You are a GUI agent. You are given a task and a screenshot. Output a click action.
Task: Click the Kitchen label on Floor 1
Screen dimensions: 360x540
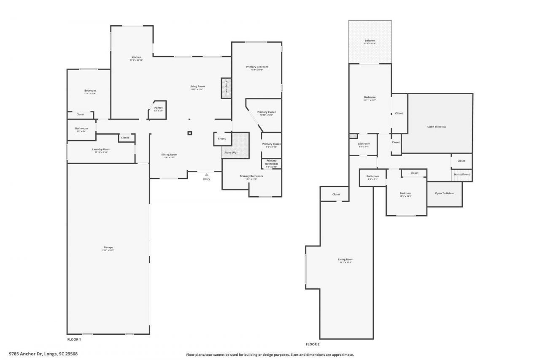136,57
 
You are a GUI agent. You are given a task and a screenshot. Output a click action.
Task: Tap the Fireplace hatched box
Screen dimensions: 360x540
226,88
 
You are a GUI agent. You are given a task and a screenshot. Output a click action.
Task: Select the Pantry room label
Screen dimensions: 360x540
158,108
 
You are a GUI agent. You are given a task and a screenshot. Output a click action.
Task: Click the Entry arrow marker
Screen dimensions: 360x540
206,174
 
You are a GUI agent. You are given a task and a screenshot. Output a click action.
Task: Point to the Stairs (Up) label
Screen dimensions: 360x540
231,152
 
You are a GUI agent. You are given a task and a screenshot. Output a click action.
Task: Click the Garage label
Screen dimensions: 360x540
108,248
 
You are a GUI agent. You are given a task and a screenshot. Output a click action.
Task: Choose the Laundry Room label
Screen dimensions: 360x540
101,149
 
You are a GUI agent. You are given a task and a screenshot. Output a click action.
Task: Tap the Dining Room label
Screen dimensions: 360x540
170,155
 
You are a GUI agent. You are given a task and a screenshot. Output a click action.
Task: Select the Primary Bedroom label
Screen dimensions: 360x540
257,67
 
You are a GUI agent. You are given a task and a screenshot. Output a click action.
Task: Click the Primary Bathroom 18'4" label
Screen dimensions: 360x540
251,176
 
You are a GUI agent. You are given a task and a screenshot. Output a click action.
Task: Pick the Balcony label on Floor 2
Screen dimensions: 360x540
370,41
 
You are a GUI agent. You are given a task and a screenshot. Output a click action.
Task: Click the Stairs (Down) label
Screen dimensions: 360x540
462,174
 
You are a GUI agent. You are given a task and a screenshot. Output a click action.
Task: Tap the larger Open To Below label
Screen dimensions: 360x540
437,127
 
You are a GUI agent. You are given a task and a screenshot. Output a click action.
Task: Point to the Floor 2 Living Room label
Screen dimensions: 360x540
346,260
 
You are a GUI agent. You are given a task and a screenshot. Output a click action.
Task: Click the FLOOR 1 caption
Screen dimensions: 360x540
74,339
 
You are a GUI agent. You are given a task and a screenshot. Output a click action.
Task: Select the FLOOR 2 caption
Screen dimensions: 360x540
313,344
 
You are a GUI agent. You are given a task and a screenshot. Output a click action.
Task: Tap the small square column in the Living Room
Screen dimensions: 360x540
190,133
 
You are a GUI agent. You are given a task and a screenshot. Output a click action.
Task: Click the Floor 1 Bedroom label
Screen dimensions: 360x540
90,91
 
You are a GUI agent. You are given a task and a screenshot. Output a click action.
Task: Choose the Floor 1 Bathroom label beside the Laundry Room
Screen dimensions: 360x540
81,129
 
